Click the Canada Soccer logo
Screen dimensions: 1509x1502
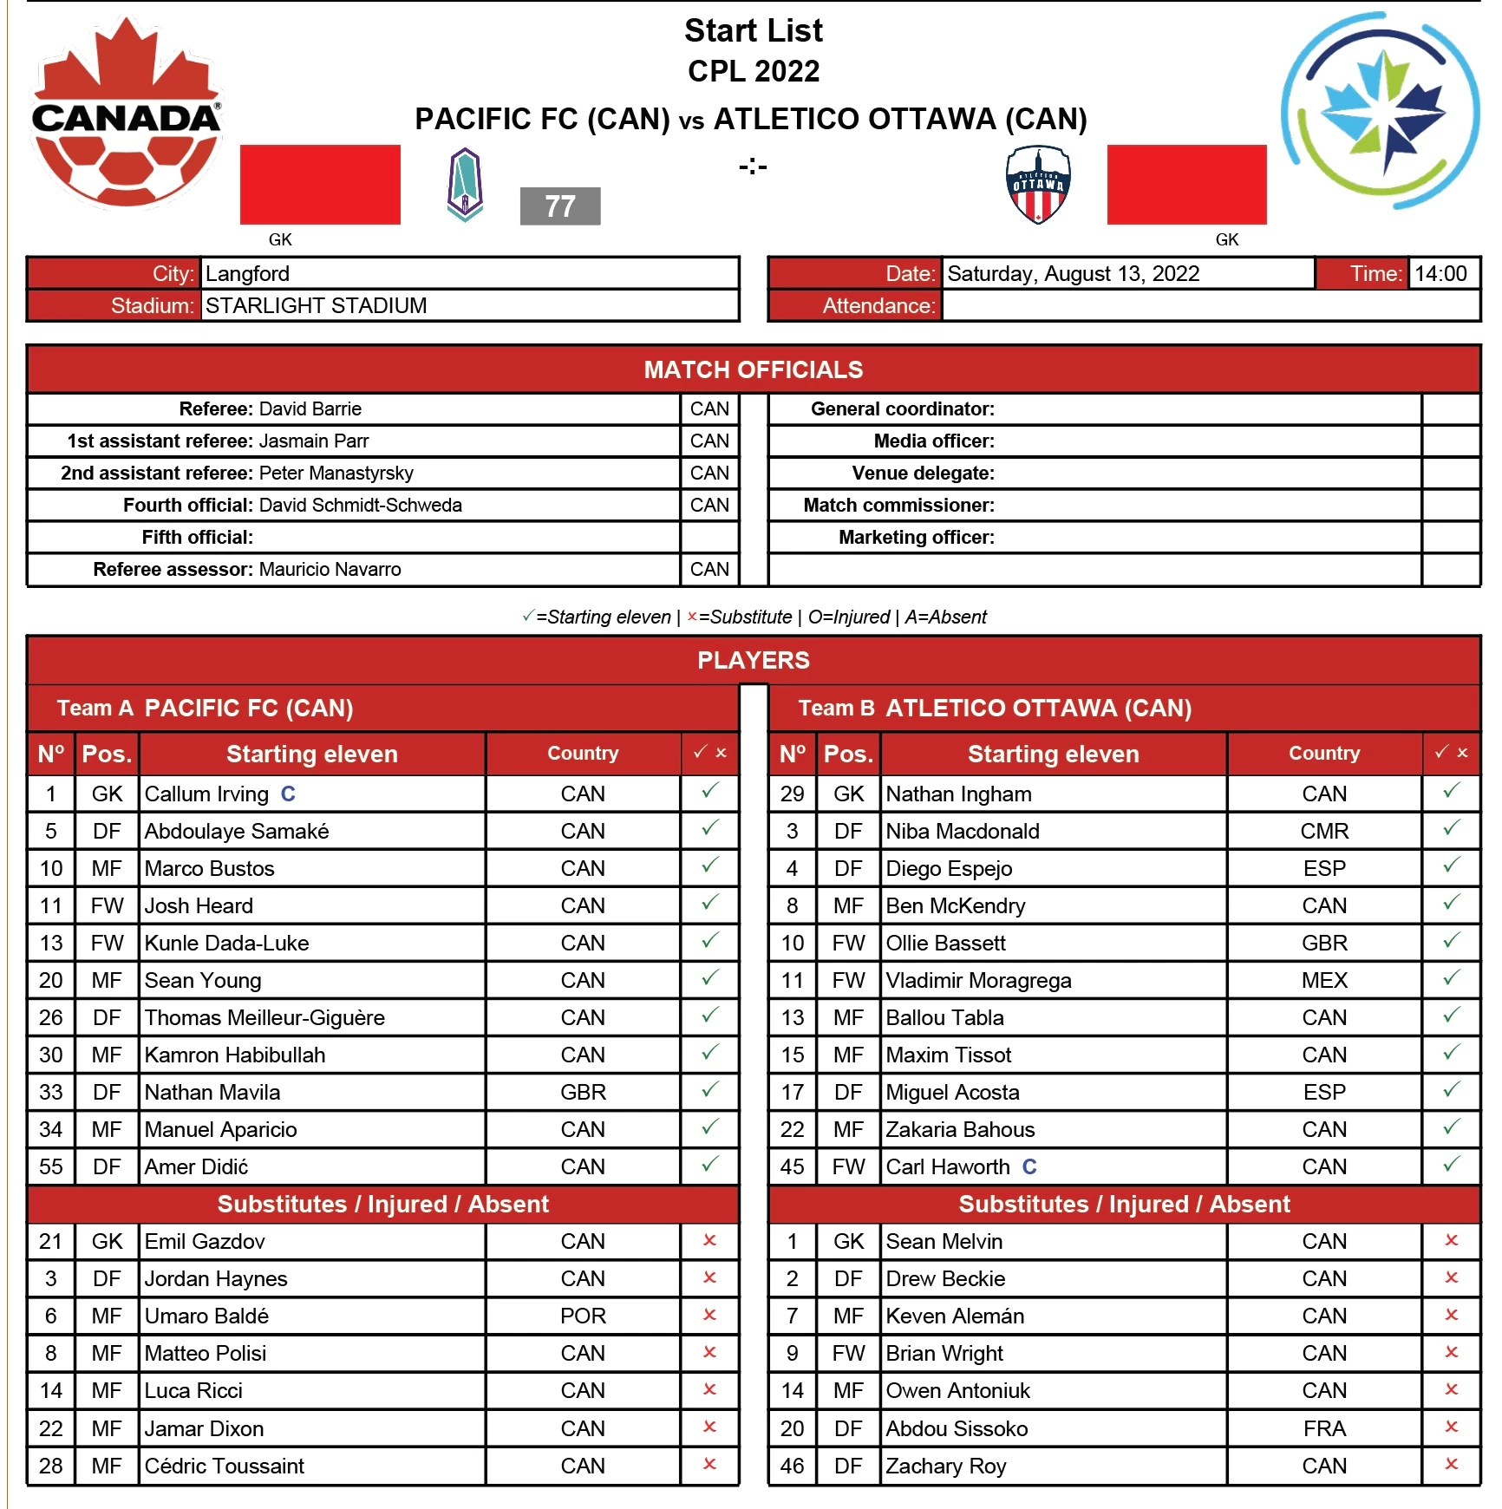point(127,113)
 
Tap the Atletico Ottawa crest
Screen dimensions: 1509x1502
point(1038,185)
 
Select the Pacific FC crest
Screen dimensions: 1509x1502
point(465,185)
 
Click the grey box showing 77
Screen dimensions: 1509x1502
point(560,206)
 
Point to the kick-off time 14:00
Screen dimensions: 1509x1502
point(1440,274)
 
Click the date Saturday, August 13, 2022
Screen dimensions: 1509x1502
point(1073,274)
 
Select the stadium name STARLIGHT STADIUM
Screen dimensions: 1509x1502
point(316,306)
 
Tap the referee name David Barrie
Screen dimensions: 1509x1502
point(310,409)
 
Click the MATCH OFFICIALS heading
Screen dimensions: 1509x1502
point(753,369)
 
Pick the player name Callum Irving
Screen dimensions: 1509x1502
point(206,794)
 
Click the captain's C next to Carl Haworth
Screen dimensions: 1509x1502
point(1029,1167)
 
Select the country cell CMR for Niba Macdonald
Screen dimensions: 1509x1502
point(1323,832)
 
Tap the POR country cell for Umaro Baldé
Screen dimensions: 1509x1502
point(583,1316)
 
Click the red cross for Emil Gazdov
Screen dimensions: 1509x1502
point(709,1241)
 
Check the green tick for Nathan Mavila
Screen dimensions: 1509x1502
point(709,1091)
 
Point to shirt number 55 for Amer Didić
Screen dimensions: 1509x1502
point(51,1167)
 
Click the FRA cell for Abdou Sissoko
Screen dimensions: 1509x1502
point(1323,1429)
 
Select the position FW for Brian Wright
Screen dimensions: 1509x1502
point(848,1354)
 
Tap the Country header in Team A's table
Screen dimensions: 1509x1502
point(583,754)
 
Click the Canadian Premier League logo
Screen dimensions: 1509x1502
point(1381,110)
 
